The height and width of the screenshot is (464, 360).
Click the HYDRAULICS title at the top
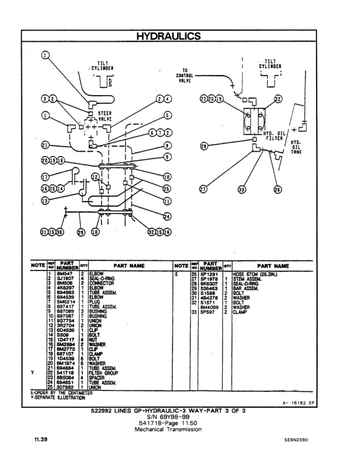pyautogui.click(x=168, y=36)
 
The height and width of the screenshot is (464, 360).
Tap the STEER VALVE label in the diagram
pyautogui.click(x=106, y=116)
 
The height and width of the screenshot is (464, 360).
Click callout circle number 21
pyautogui.click(x=45, y=145)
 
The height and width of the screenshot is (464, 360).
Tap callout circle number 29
pyautogui.click(x=80, y=232)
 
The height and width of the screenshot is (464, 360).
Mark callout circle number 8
pyautogui.click(x=167, y=145)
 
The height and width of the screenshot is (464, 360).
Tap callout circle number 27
pyautogui.click(x=203, y=189)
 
